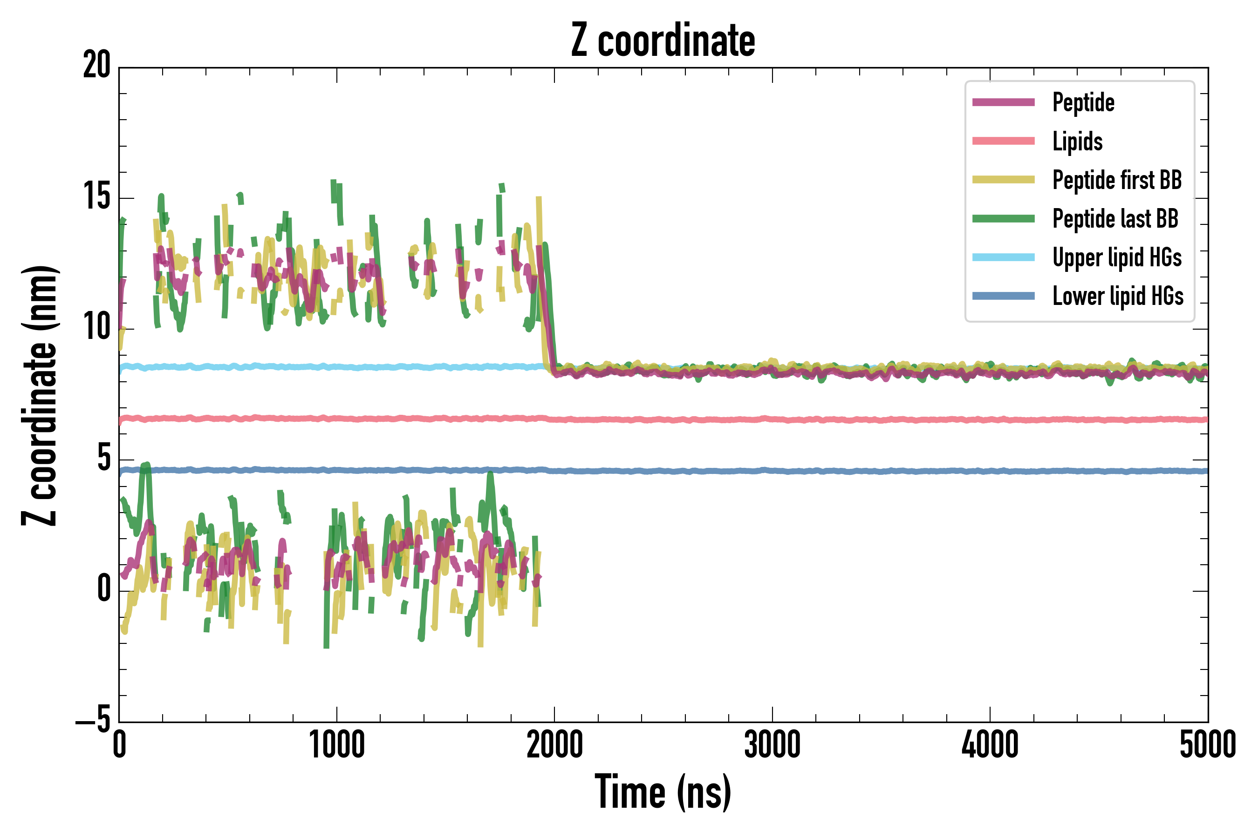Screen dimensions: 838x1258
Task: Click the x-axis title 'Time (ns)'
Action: pyautogui.click(x=663, y=792)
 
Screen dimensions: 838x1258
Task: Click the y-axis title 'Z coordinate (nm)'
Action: pyautogui.click(x=40, y=395)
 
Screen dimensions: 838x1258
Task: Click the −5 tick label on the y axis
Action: pyautogui.click(x=93, y=721)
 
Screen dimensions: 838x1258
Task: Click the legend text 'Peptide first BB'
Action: pyautogui.click(x=1117, y=180)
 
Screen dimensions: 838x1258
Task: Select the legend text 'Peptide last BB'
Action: pyautogui.click(x=1115, y=219)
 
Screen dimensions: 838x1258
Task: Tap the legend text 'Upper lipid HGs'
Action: pyautogui.click(x=1117, y=257)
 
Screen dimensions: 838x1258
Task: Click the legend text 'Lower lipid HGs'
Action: pyautogui.click(x=1118, y=296)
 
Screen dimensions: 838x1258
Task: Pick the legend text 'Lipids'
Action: pyautogui.click(x=1077, y=142)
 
